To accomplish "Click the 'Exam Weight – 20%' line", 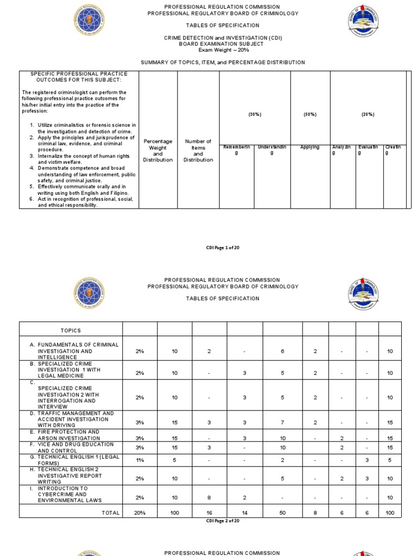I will pos(223,50).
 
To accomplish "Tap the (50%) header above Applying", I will pos(310,115).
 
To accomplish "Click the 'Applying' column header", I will pos(310,147).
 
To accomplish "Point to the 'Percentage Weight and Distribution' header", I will pos(158,150).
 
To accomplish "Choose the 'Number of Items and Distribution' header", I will pos(198,150).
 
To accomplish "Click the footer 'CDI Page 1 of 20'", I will pos(223,247).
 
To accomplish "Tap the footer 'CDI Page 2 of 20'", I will pos(223,521).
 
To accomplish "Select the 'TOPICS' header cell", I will pos(71,330).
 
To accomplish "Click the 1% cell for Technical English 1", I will pos(140,460).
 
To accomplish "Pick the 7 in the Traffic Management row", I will pos(282,422).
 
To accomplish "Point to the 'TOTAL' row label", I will pos(110,513).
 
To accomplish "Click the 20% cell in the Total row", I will pos(140,513).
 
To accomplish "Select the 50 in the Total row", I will pos(282,513).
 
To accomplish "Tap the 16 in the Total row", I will pos(209,513).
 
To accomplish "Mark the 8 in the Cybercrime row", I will pos(209,494).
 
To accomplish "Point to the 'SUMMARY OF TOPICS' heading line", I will pos(223,62).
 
